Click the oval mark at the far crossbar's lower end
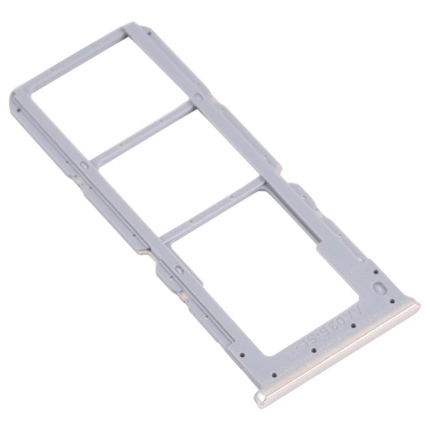[85, 165]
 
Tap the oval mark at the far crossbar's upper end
[198, 98]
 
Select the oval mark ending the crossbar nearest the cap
[178, 268]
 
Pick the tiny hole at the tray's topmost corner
[148, 34]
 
